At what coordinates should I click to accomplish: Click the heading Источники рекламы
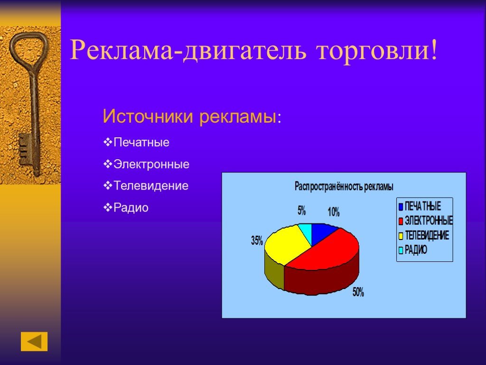pos(192,116)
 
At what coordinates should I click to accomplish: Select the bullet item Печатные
pos(136,143)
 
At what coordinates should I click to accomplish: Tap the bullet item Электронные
pos(146,164)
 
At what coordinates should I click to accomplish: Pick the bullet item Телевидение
pos(146,186)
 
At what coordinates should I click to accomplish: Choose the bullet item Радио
pos(126,207)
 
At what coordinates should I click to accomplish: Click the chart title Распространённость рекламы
pos(344,186)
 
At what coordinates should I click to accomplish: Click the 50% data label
pos(358,292)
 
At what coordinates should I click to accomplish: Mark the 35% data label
pos(257,240)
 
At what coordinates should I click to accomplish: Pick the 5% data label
pos(301,211)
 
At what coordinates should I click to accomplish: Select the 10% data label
pos(334,212)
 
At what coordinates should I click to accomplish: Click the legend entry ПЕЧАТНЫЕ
pos(420,206)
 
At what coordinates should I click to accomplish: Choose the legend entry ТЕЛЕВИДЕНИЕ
pos(424,236)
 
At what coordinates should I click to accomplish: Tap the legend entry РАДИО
pos(413,250)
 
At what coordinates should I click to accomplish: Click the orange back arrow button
pos(34,341)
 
